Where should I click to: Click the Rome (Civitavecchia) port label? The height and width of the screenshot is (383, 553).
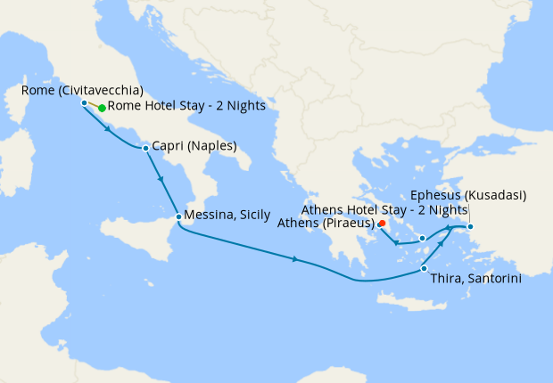(81, 90)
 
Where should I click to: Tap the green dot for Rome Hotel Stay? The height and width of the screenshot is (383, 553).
(102, 108)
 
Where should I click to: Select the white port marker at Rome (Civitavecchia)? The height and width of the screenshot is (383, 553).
(84, 103)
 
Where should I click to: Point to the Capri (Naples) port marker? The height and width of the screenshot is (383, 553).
(145, 147)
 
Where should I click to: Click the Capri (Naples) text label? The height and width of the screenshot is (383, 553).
(194, 146)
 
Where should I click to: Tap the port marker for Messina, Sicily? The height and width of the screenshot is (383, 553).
(178, 216)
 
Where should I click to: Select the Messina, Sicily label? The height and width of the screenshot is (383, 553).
(227, 216)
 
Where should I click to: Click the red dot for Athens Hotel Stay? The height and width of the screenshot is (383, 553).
(382, 224)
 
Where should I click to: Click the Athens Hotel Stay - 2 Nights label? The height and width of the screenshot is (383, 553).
(384, 209)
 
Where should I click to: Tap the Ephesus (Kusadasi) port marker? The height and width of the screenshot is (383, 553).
(471, 226)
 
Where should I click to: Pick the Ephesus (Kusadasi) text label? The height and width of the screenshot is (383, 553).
(469, 195)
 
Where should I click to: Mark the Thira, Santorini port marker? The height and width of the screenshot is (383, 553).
(424, 268)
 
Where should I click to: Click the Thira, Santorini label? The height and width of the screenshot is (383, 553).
(475, 279)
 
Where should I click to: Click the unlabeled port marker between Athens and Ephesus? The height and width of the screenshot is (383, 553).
(422, 239)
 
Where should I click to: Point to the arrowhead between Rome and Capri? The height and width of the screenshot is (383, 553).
(109, 128)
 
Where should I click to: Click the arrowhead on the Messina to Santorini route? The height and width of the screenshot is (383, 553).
(295, 259)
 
